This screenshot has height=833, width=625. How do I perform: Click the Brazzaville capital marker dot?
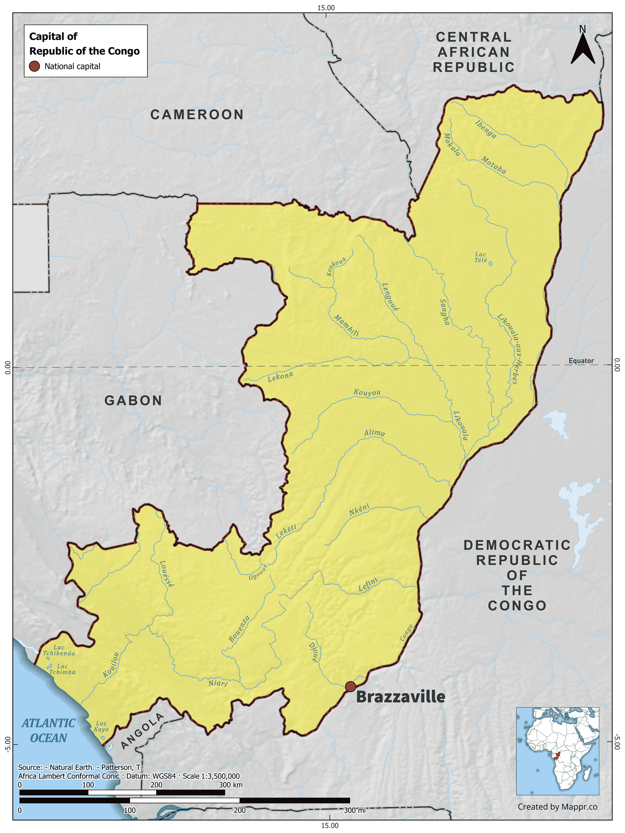click(350, 686)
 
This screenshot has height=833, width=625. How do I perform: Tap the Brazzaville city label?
click(400, 697)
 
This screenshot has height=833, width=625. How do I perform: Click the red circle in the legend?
click(34, 66)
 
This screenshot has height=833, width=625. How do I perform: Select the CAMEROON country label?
click(197, 115)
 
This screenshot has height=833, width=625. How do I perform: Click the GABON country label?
click(133, 400)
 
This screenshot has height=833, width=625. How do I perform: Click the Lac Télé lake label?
click(481, 257)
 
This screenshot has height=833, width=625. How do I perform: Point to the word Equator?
click(581, 361)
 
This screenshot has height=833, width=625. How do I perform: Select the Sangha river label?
click(445, 312)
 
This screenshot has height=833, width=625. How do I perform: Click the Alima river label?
click(374, 433)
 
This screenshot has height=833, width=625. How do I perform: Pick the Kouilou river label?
click(111, 665)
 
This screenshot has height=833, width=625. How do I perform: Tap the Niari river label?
click(218, 683)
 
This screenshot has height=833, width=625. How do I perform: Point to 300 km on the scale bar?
click(230, 785)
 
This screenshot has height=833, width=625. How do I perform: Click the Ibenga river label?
click(486, 129)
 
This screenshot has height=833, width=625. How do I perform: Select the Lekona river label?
click(280, 376)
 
